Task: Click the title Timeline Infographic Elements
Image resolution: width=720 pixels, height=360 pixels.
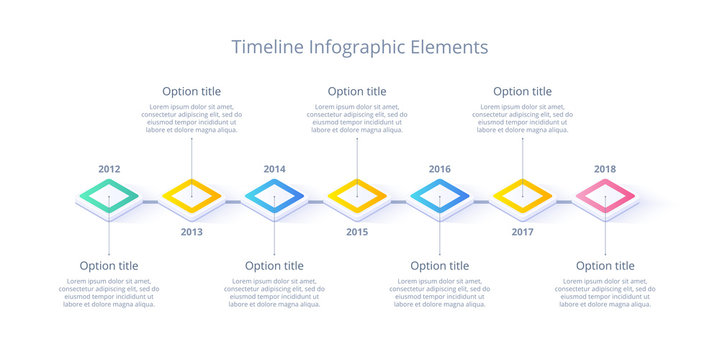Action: tap(360, 47)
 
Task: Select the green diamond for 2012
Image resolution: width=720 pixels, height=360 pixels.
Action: tap(109, 197)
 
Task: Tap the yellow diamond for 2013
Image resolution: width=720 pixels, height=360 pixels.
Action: tap(192, 197)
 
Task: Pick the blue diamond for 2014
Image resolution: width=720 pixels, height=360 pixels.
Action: tap(274, 197)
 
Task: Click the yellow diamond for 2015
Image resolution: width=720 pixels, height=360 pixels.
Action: tap(357, 197)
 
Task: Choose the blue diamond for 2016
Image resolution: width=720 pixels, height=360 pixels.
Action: tap(440, 197)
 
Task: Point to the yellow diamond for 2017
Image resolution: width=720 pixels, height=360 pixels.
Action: tap(522, 197)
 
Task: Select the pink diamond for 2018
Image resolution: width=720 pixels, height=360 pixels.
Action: tap(605, 197)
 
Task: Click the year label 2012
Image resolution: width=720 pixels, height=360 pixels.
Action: tap(109, 169)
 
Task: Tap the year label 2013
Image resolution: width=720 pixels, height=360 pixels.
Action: tap(192, 232)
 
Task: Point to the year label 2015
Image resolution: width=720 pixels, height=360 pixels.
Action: tap(357, 232)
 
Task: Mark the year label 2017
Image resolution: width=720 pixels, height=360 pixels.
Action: tap(522, 232)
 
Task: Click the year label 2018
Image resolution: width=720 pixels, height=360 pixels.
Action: tap(605, 169)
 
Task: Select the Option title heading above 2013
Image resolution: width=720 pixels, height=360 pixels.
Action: tap(192, 91)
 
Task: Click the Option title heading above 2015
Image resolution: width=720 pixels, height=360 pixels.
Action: tap(357, 91)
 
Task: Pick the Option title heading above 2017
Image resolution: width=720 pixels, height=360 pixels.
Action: tap(522, 91)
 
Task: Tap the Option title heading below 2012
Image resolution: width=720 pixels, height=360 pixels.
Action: tap(109, 266)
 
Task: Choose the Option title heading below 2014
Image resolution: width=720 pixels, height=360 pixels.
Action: tap(274, 266)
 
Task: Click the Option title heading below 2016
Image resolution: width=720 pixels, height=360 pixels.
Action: tap(440, 266)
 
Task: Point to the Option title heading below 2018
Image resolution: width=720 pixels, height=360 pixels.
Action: tap(605, 266)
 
